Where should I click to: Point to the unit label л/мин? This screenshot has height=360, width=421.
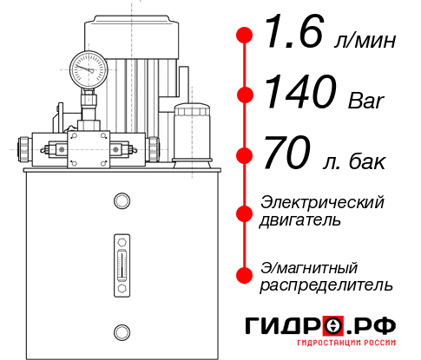364,42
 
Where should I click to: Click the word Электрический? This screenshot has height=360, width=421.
322,202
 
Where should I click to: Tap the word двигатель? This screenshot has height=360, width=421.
300,220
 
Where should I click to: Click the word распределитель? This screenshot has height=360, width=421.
326,285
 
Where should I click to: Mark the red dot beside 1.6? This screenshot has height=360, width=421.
245,36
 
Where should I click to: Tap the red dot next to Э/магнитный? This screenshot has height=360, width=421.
245,275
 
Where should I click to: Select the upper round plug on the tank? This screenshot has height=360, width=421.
122,201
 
